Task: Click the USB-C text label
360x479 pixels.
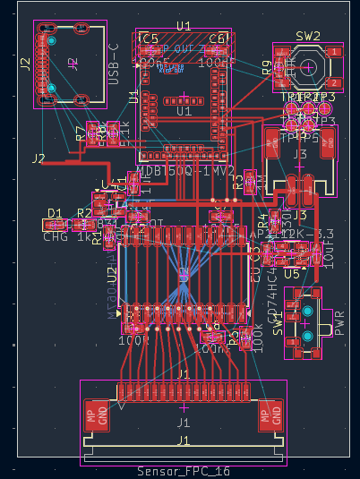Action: [114, 64]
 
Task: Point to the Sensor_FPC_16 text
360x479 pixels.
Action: [184, 471]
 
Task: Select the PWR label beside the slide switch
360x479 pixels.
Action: [339, 321]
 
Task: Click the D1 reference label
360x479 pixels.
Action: [55, 213]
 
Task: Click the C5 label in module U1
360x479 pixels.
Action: [149, 38]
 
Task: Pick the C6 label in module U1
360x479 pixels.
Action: [218, 38]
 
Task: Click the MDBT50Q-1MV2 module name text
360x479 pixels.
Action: [185, 170]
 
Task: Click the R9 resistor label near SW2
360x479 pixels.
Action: [267, 68]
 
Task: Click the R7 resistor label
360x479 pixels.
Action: [81, 134]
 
